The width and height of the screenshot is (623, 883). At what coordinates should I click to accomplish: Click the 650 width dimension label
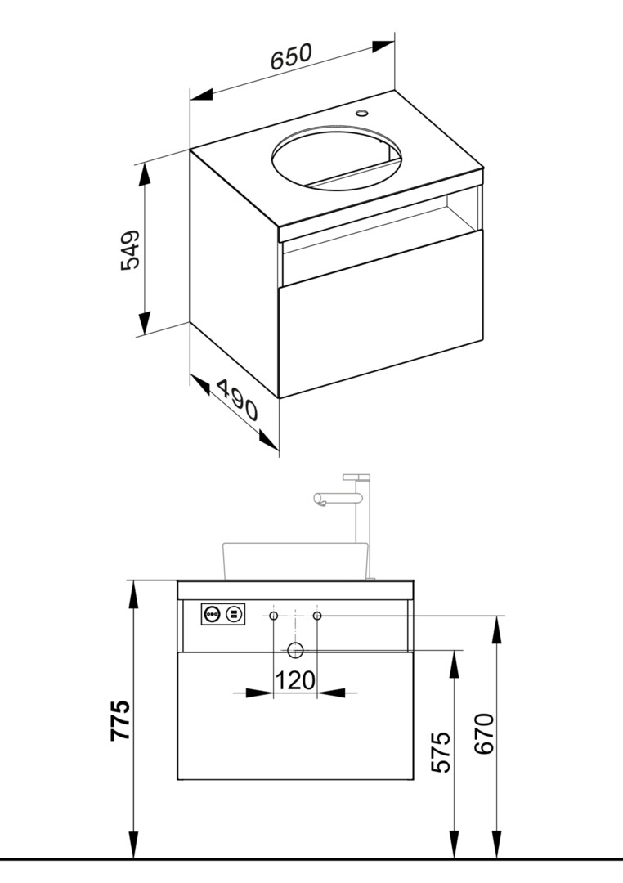point(291,57)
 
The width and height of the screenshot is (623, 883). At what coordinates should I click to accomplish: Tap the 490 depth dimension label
point(237,400)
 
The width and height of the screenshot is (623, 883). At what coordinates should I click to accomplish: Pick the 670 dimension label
point(484,733)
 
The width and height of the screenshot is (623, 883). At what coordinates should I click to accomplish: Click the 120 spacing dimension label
point(295,680)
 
